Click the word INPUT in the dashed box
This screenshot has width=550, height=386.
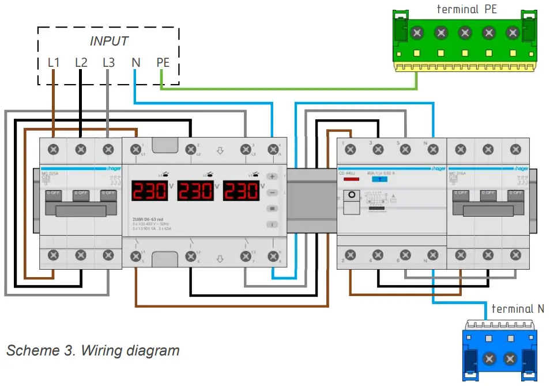[109, 41]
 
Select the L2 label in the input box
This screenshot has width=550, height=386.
[81, 62]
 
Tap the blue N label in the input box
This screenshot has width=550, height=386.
[136, 62]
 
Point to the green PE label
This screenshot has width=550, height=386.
[163, 62]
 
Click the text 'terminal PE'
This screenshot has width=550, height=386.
[468, 9]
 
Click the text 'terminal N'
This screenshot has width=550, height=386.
[517, 309]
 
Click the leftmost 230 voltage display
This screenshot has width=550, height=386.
[150, 191]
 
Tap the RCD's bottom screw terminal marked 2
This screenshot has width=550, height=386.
[350, 254]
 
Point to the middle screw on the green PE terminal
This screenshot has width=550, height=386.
[464, 33]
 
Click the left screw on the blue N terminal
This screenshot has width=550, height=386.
[489, 359]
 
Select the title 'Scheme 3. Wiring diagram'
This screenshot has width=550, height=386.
[93, 350]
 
